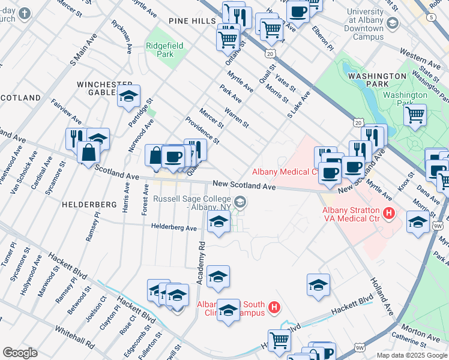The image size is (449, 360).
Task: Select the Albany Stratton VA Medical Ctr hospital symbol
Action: [x=389, y=213]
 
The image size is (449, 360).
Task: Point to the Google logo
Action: [x=20, y=353]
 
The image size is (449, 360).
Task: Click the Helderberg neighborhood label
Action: [x=88, y=205]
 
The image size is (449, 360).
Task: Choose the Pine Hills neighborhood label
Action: [x=192, y=21]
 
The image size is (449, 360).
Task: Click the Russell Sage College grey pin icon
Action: [x=240, y=202]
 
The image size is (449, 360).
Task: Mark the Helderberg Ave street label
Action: [x=174, y=228]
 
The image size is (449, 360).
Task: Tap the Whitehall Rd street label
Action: [x=74, y=337]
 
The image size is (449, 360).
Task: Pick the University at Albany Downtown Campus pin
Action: [x=393, y=23]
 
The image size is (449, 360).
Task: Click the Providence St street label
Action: [x=202, y=131]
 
